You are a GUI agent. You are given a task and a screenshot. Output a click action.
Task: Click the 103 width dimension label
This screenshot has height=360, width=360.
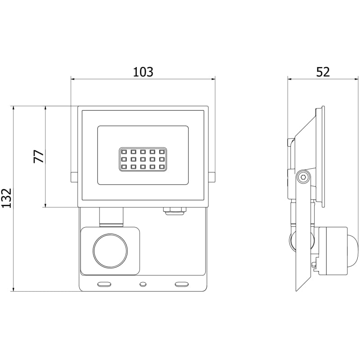143,72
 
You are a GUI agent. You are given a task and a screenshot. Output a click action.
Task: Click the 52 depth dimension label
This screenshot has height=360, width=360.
323,72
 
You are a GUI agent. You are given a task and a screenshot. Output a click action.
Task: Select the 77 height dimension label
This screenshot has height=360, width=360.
39,157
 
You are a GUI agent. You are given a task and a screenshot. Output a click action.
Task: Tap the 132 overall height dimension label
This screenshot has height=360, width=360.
7,198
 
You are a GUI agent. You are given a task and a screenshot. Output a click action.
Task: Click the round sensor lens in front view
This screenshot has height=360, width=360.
110,251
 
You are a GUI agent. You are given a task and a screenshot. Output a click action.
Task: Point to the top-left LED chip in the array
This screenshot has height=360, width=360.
124,152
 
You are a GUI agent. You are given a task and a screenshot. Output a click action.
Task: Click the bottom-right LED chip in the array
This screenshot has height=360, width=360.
162,166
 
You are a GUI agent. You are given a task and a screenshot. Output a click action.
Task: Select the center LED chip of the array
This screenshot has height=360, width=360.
143,159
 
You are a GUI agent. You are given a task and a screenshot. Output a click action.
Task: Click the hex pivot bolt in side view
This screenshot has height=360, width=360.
303,177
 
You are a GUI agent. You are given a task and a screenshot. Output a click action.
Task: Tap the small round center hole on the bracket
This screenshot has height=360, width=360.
143,284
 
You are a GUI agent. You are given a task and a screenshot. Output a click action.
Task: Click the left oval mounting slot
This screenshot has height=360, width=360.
104,284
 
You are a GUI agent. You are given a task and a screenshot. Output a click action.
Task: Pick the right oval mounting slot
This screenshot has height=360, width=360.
182,284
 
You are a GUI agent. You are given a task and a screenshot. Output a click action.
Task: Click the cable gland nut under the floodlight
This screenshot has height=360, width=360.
175,211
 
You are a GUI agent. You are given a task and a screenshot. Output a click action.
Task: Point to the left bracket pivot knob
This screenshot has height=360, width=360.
74,177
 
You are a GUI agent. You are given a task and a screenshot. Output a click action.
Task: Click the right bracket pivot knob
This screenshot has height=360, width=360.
211,177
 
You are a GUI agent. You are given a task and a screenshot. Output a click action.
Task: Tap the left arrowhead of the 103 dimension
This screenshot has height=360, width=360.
73,79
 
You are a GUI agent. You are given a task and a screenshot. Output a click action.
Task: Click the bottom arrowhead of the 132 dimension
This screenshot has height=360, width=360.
14,289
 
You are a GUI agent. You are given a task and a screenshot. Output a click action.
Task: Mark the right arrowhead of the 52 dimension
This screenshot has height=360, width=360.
355,79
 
